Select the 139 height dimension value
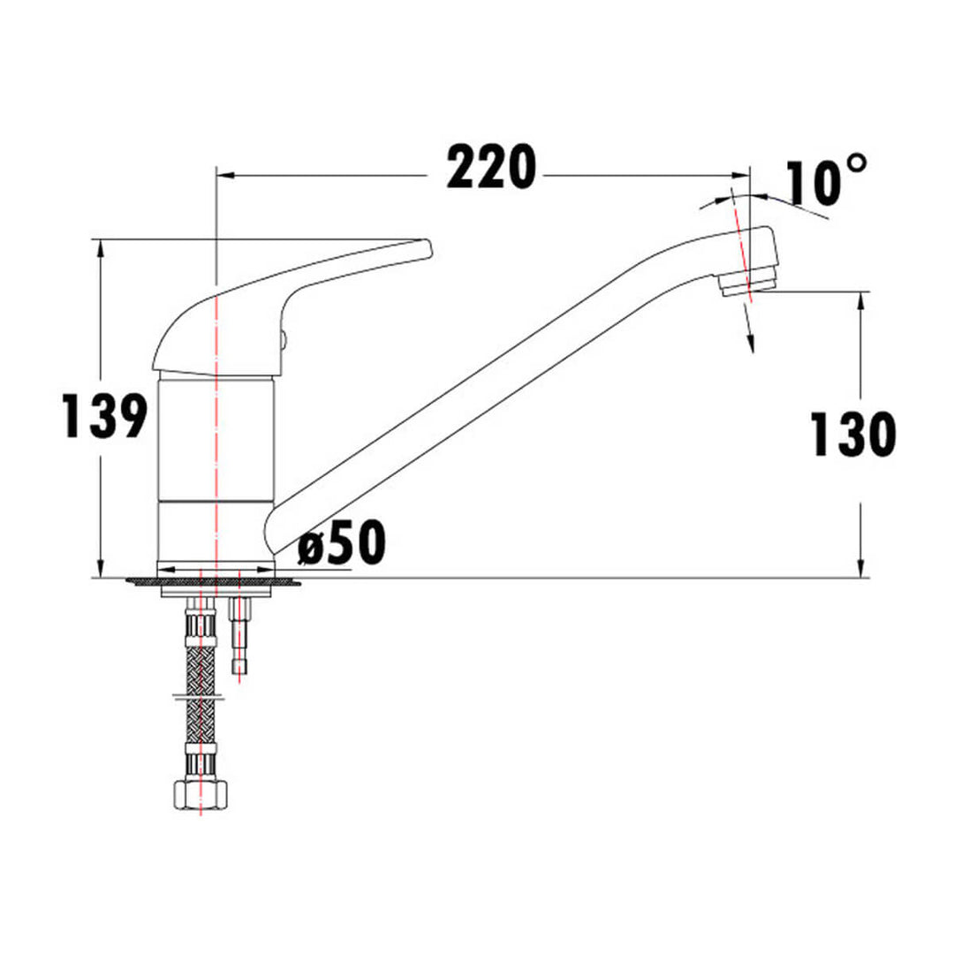tap(104, 416)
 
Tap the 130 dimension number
tap(852, 435)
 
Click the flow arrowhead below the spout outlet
tap(751, 344)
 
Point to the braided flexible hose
tap(201, 689)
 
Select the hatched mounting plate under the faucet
tap(212, 581)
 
